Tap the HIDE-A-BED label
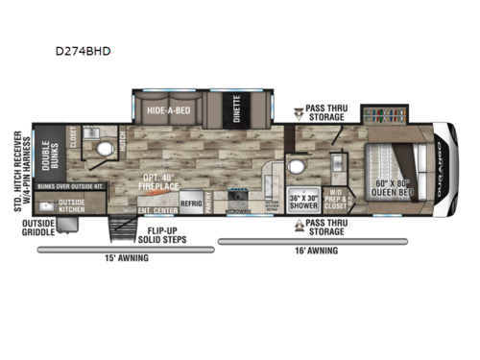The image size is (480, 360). pos(167,109)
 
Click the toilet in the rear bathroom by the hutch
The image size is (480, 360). pos(107,150)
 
